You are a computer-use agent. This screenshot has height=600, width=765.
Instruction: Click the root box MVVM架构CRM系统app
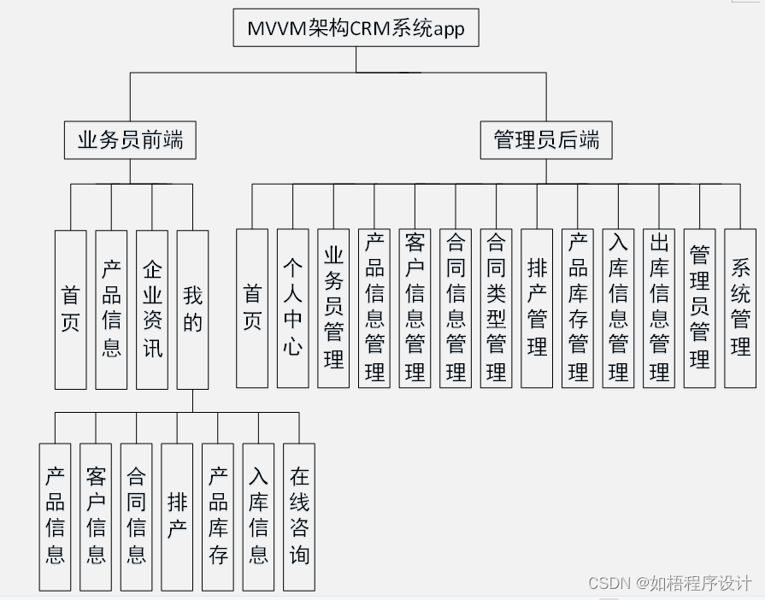point(356,28)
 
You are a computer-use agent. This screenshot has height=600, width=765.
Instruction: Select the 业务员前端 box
point(130,140)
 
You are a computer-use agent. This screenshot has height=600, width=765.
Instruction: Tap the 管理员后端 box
point(547,140)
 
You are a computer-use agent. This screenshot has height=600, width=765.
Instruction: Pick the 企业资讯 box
point(152,309)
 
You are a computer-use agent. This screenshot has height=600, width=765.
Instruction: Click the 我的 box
point(192,309)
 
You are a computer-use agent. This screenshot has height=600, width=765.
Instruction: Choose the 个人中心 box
point(292,309)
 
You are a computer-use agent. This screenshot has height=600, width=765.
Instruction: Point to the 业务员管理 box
point(333,309)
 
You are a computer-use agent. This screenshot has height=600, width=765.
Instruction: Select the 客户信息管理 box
point(415,309)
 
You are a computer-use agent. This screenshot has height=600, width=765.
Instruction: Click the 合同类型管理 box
point(496,309)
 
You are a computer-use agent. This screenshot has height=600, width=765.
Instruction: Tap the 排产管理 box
point(537,309)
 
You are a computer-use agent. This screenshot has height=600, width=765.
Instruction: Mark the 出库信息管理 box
point(659,309)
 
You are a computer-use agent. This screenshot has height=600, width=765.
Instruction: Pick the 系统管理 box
point(740,309)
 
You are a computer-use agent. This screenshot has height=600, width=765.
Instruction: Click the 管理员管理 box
point(699,309)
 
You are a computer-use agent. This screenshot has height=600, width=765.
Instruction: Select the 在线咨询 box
point(299,516)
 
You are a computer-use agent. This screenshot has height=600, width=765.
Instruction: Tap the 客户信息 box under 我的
point(96,516)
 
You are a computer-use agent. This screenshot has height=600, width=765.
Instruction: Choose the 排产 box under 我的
point(177,516)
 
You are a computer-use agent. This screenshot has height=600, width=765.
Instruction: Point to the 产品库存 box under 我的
point(218,516)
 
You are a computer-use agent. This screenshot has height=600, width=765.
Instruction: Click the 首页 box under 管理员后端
point(252,309)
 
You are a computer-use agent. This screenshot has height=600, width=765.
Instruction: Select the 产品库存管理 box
point(578,309)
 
